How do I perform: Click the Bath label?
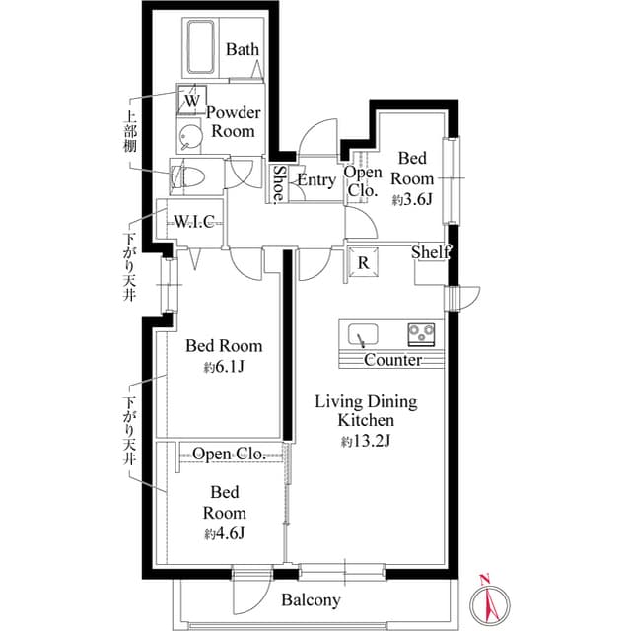click(x=244, y=49)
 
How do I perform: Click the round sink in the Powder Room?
click(x=188, y=136)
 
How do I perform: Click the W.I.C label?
click(x=194, y=220)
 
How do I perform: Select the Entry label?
click(x=316, y=180)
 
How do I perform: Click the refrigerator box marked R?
click(x=363, y=262)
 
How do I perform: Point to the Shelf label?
click(x=431, y=253)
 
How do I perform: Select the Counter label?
click(x=392, y=360)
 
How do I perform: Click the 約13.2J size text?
click(x=366, y=441)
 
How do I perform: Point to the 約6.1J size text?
click(x=224, y=368)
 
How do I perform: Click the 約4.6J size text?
click(x=224, y=533)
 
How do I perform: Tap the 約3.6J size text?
click(x=412, y=199)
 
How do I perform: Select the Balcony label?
click(x=311, y=599)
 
